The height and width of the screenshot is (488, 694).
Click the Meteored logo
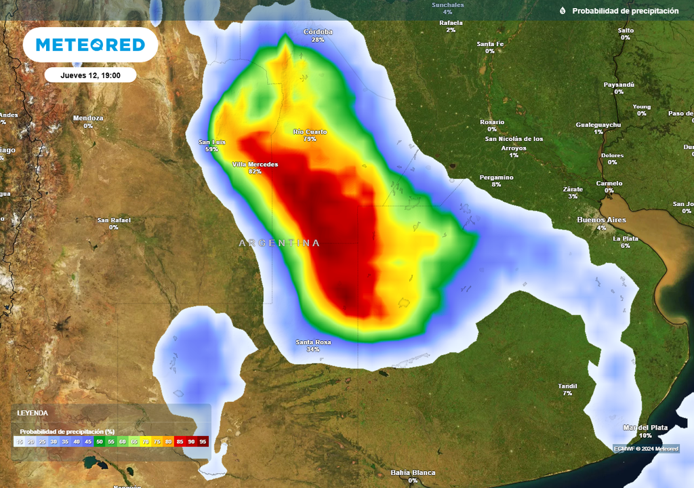tap(90, 45)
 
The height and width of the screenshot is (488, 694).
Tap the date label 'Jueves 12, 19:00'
tap(90, 75)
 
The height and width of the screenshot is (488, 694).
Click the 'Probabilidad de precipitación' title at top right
tap(625, 11)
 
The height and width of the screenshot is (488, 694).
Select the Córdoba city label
tap(318, 32)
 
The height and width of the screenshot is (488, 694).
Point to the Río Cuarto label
tap(310, 131)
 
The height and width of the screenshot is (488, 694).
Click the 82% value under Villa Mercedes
tap(255, 171)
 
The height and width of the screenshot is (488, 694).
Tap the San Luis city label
tap(212, 142)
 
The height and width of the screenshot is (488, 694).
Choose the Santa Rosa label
tap(313, 342)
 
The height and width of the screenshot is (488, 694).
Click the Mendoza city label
tap(88, 118)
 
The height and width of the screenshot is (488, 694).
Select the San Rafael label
tap(113, 220)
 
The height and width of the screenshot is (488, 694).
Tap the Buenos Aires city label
tap(601, 220)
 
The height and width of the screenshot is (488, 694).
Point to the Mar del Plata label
tap(645, 427)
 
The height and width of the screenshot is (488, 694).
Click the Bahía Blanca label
tap(413, 472)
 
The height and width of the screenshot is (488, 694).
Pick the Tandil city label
tap(567, 386)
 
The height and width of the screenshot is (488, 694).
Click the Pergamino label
tap(496, 177)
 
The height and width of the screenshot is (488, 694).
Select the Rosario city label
tap(492, 122)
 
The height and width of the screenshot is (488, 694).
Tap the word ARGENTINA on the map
tap(279, 243)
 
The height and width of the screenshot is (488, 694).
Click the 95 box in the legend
tap(203, 441)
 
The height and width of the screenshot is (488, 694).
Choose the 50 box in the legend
tap(100, 441)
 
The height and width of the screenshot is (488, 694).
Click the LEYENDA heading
tap(33, 413)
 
